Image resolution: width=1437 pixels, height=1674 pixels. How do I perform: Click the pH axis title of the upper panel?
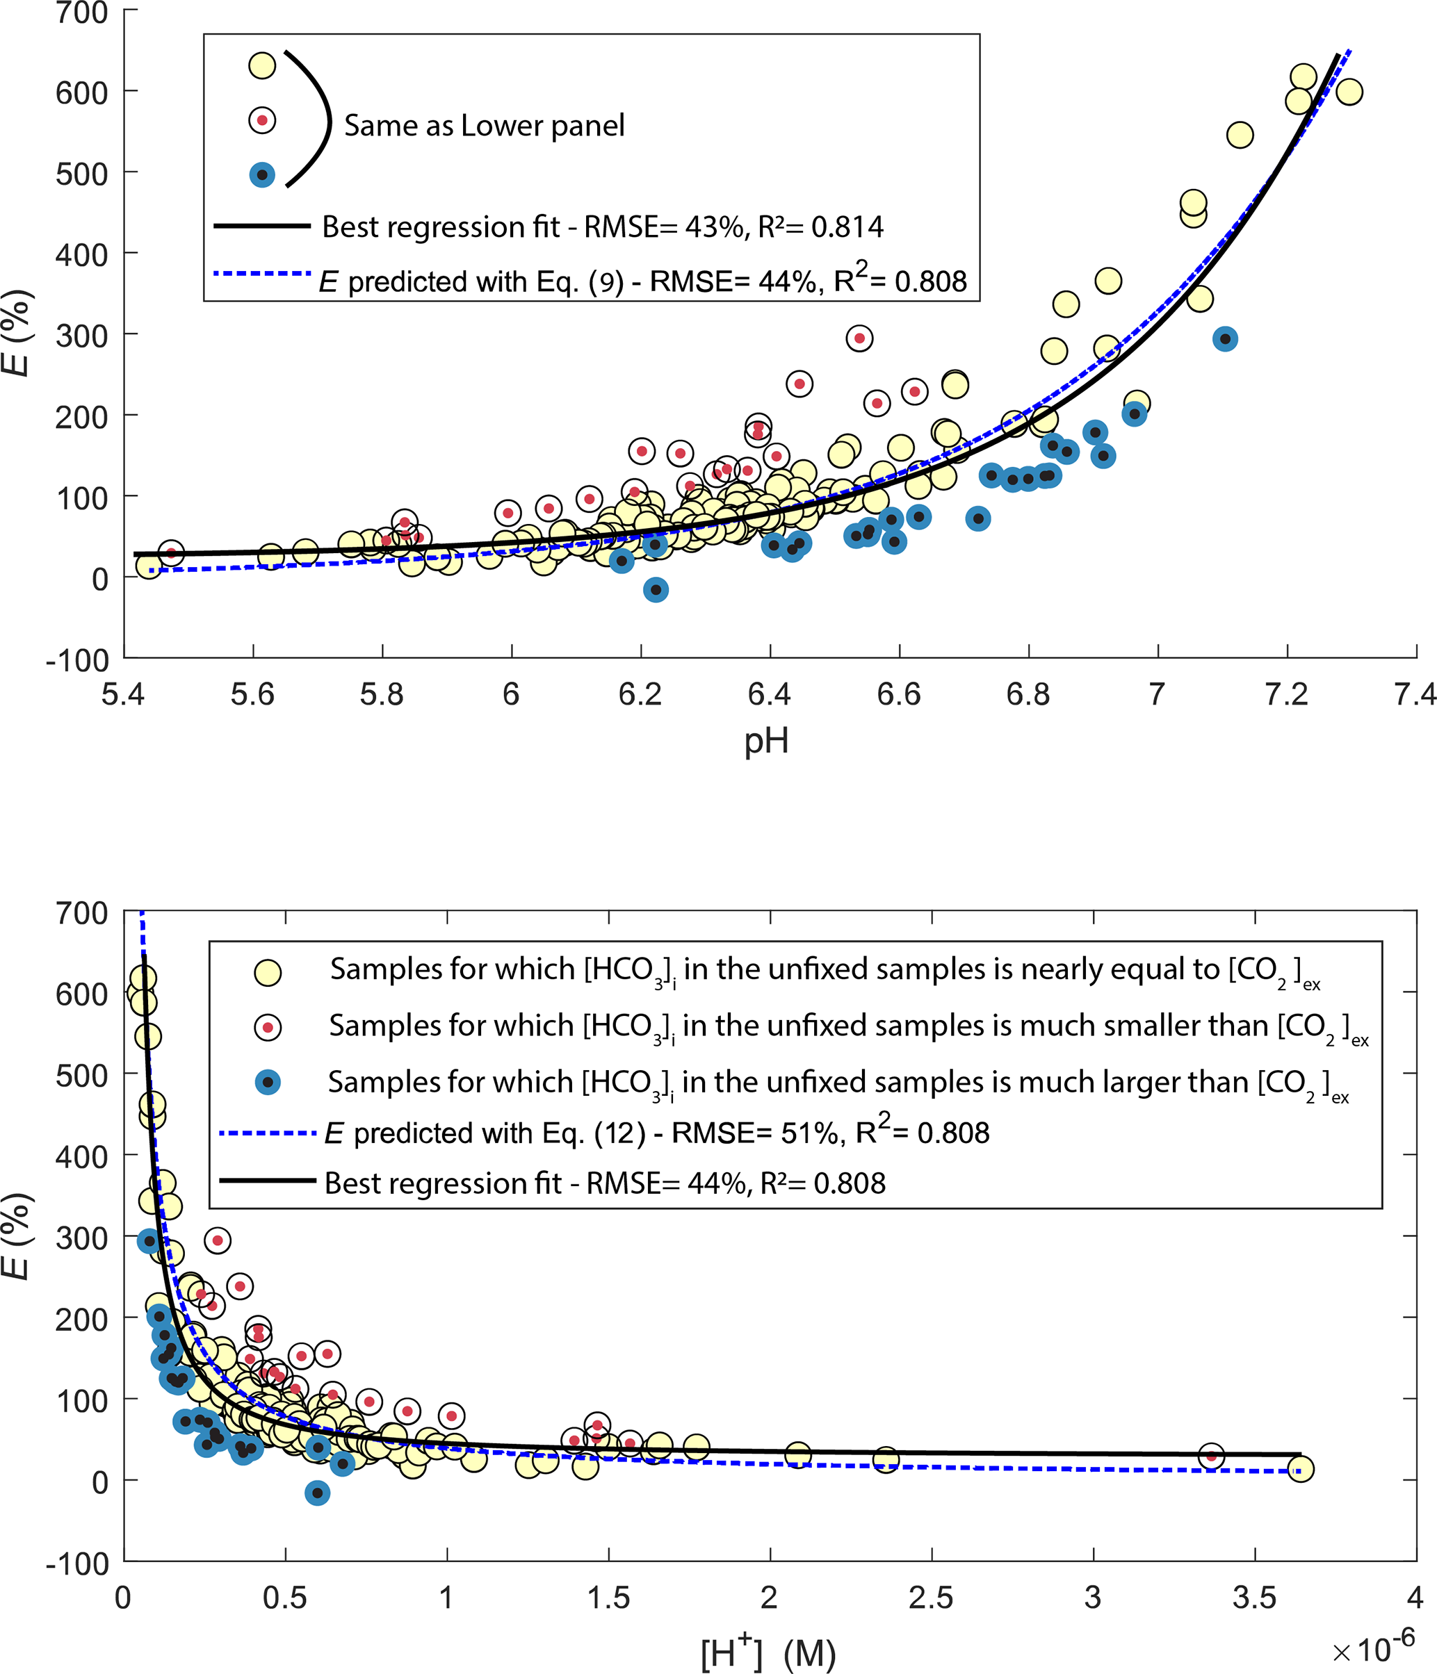[765, 741]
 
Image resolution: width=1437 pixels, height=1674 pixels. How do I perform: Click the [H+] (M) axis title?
[767, 1652]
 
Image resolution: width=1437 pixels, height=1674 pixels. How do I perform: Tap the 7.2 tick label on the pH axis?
[1286, 694]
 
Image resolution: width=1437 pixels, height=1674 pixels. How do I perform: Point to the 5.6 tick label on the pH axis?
[252, 694]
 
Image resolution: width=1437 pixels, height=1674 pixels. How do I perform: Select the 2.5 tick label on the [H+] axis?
[930, 1598]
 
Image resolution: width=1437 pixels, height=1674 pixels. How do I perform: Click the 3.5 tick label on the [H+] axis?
[1253, 1598]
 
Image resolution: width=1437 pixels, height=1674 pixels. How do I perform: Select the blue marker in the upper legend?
[262, 174]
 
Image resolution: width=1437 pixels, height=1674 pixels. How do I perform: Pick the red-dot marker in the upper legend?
[262, 120]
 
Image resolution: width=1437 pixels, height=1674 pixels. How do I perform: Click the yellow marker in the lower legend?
[268, 973]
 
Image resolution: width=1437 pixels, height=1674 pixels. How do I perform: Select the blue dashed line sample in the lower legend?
[268, 1133]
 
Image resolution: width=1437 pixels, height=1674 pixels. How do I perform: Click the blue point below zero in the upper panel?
[656, 590]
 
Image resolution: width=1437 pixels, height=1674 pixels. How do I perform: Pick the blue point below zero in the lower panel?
[318, 1493]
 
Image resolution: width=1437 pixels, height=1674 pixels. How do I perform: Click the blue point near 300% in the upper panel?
[1225, 339]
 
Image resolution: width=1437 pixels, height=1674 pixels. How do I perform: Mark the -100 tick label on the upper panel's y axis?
[78, 660]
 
